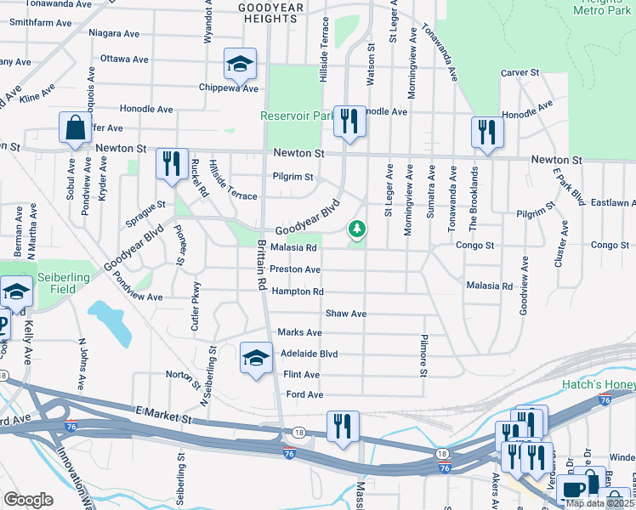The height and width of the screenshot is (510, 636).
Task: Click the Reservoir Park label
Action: pyautogui.click(x=297, y=116)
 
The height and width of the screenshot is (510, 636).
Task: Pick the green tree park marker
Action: pyautogui.click(x=358, y=229)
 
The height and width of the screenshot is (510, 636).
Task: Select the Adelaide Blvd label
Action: pyautogui.click(x=309, y=354)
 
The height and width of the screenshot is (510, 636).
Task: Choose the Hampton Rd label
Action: pyautogui.click(x=298, y=292)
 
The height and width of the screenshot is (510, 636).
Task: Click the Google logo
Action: pyautogui.click(x=27, y=500)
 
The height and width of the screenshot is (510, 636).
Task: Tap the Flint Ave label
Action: pyautogui.click(x=301, y=375)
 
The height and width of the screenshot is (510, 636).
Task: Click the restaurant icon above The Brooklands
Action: pyautogui.click(x=487, y=132)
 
